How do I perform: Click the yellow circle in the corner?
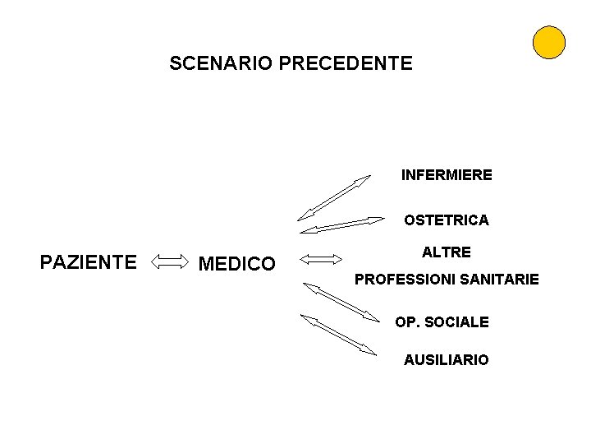548,42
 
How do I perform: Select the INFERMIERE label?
447,175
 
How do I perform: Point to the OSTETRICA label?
446,220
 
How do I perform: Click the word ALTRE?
447,252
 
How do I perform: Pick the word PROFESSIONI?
404,280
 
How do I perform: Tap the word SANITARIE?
500,280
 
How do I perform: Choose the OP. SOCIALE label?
442,322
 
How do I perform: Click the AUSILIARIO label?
446,360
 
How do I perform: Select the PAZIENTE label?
89,262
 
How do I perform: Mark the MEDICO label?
237,264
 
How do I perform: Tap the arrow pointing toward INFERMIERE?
335,197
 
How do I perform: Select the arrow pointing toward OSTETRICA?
341,224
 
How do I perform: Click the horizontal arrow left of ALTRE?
321,260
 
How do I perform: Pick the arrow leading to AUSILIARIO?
338,335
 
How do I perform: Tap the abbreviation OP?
406,322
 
